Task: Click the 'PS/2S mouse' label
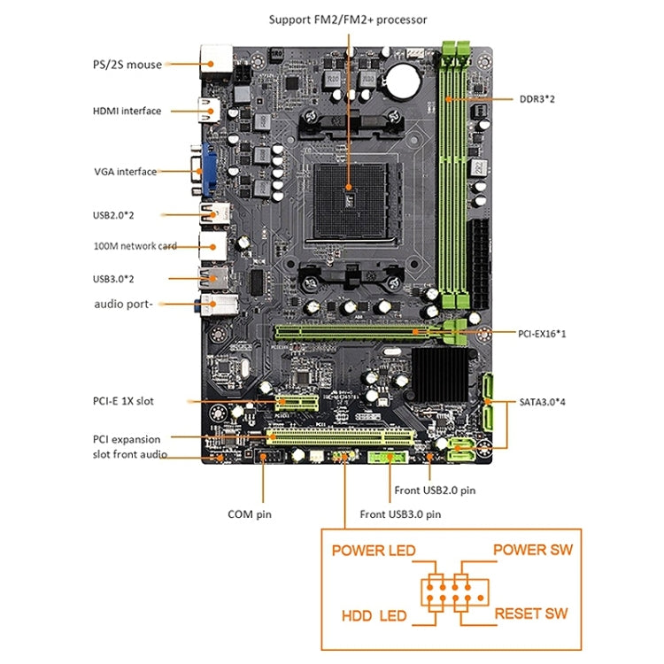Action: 127,65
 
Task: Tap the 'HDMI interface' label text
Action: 127,111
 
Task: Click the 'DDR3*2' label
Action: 537,98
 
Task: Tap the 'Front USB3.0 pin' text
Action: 400,513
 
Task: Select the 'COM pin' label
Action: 251,513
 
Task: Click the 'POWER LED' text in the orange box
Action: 373,551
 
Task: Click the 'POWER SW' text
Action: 532,550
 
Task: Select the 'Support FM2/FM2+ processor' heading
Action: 348,19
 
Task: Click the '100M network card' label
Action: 135,246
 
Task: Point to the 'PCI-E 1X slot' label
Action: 123,401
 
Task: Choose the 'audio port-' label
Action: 123,305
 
